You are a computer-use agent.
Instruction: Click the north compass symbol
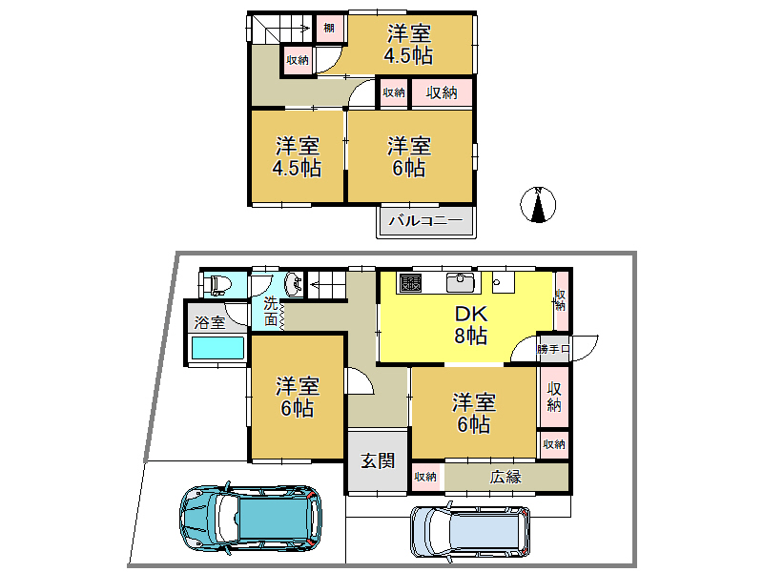[538, 204]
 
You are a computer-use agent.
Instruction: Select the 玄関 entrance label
[377, 460]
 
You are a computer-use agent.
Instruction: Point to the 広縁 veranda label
[505, 477]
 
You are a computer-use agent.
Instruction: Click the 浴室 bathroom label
[210, 322]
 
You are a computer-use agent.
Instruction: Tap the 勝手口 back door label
[553, 349]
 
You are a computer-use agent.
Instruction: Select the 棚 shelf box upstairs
[328, 28]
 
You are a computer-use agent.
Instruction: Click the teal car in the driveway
[250, 519]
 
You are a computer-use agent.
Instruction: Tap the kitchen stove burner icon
[411, 282]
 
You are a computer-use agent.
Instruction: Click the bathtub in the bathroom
[217, 349]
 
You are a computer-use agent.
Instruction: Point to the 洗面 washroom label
[272, 313]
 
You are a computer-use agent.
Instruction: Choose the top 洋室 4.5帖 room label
[408, 44]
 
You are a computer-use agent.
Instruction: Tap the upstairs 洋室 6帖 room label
[408, 156]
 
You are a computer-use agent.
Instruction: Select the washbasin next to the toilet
[293, 282]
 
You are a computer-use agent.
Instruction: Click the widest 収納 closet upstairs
[441, 92]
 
